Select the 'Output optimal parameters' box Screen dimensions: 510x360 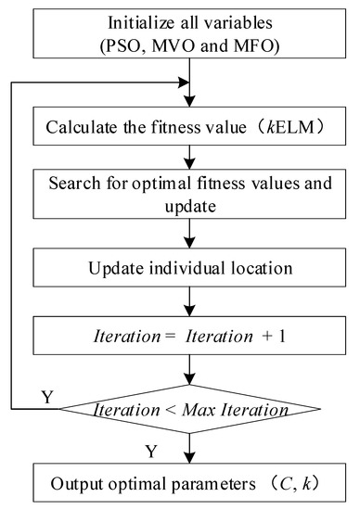click(191, 480)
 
